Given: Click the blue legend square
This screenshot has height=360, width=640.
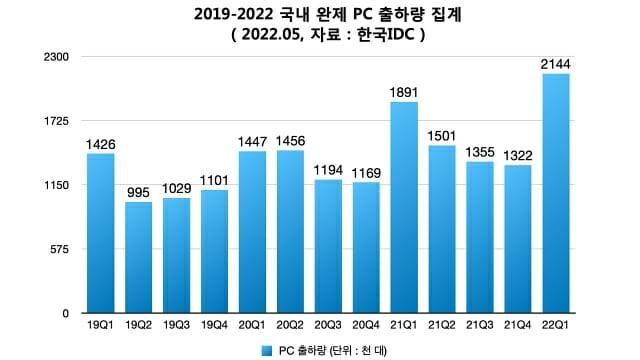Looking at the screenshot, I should [266, 350].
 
